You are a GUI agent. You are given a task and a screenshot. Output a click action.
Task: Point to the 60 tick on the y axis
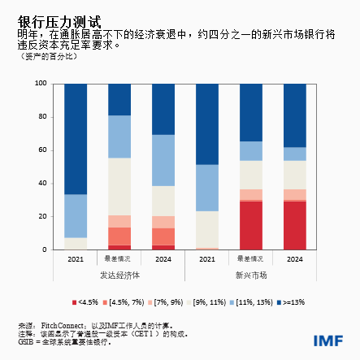41,150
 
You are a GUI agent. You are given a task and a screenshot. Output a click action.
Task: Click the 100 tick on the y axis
40,84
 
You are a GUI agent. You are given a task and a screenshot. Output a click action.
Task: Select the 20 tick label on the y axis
41,217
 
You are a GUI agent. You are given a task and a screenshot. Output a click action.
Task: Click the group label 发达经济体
119,275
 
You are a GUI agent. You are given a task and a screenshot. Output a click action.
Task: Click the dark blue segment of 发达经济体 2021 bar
76,138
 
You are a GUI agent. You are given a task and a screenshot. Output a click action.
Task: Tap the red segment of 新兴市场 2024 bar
295,225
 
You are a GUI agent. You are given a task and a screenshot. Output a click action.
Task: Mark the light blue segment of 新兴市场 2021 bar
207,188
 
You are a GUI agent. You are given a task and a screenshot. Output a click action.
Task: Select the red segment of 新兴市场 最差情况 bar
251,225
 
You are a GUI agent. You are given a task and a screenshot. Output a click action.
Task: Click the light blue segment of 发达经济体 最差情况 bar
119,136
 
